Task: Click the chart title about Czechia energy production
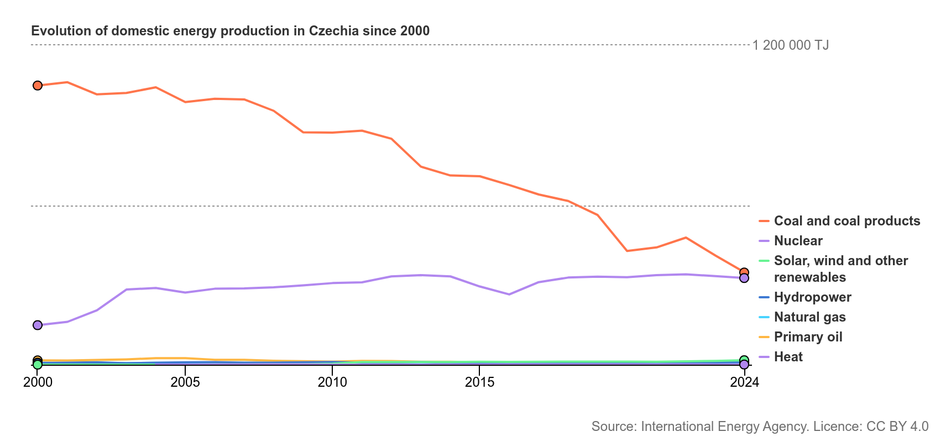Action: pyautogui.click(x=230, y=31)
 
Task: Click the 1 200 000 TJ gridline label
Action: pyautogui.click(x=791, y=45)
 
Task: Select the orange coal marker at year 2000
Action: pyautogui.click(x=38, y=86)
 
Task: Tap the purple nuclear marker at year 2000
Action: pyautogui.click(x=38, y=325)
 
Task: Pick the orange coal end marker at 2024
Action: pyautogui.click(x=744, y=272)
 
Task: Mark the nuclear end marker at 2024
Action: pyautogui.click(x=744, y=278)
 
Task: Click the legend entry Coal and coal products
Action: pyautogui.click(x=847, y=221)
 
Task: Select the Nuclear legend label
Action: pyautogui.click(x=798, y=241)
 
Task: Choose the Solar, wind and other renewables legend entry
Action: pyautogui.click(x=840, y=269)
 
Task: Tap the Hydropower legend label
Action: pyautogui.click(x=812, y=297)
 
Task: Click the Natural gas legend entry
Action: pyautogui.click(x=809, y=317)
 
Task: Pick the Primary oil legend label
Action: pyautogui.click(x=808, y=337)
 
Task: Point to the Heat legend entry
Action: pyautogui.click(x=788, y=357)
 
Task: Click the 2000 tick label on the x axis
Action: pyautogui.click(x=38, y=382)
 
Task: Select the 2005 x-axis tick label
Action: pyautogui.click(x=185, y=382)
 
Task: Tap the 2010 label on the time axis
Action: pyautogui.click(x=332, y=382)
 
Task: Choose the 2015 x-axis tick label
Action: pyautogui.click(x=480, y=382)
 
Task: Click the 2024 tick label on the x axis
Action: pyautogui.click(x=744, y=382)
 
